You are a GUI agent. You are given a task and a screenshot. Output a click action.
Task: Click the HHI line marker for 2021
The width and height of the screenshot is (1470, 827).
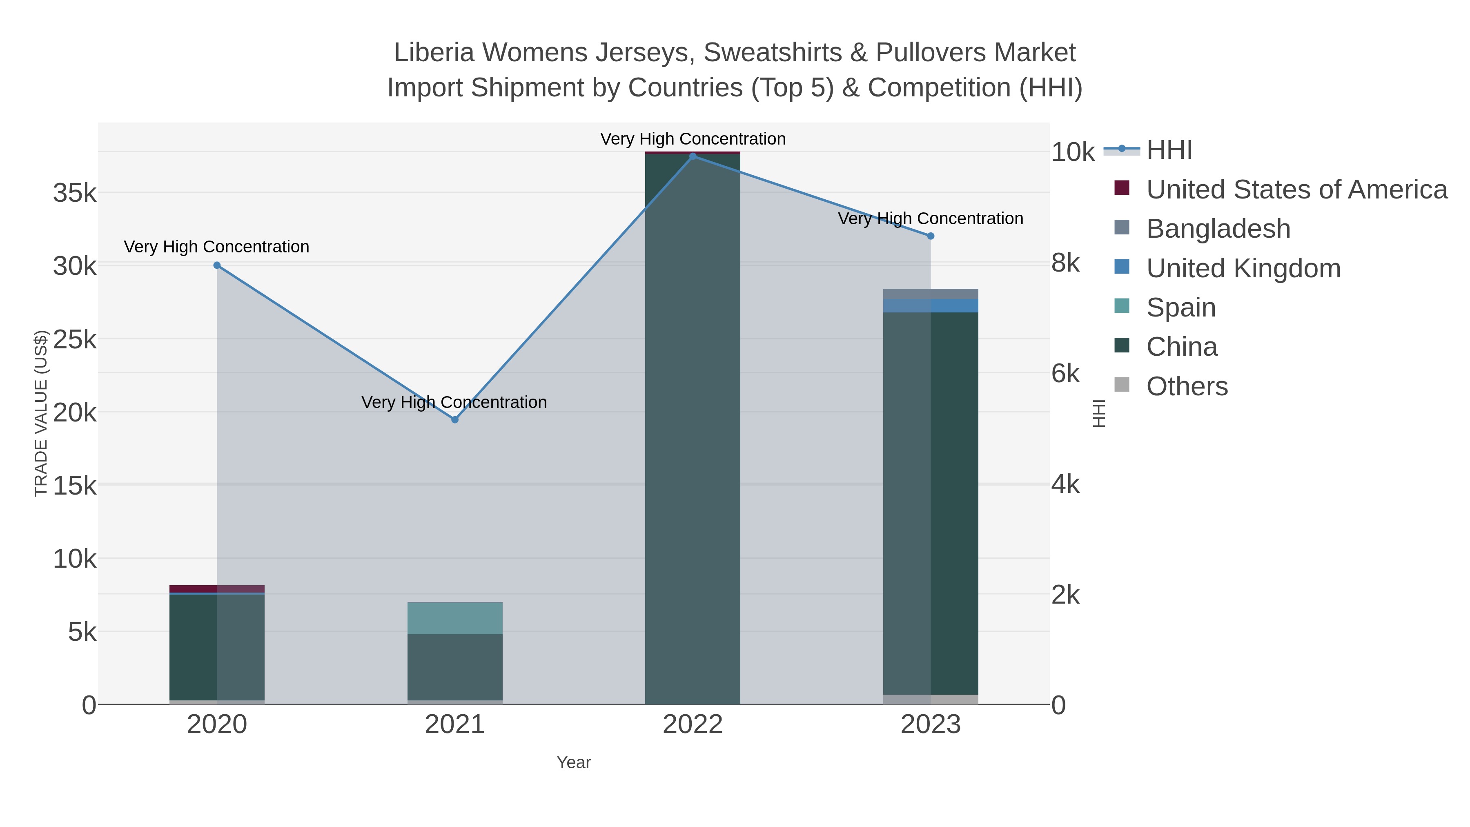[455, 419]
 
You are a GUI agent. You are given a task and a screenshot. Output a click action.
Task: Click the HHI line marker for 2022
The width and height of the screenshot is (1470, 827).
[693, 156]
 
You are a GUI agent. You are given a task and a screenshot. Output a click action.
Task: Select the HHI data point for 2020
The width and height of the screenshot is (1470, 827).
[217, 265]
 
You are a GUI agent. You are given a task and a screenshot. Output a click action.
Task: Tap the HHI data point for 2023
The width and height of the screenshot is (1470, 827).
[931, 236]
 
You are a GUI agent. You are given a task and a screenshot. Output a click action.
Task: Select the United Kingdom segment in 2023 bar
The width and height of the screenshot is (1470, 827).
[931, 305]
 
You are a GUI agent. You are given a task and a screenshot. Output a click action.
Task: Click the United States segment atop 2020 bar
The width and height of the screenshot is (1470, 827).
[217, 588]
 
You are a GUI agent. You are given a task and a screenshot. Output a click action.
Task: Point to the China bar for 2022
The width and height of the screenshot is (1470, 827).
[693, 428]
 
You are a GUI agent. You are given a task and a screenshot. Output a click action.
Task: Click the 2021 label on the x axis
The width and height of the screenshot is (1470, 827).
[455, 724]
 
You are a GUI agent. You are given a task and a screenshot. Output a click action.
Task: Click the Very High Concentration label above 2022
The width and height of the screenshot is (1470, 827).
[693, 139]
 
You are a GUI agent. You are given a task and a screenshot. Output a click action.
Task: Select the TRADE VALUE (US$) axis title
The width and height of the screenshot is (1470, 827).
[41, 413]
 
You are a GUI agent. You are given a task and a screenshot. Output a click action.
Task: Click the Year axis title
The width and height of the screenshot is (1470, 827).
[574, 762]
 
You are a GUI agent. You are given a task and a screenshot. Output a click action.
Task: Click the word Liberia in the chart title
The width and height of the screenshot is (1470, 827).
[434, 53]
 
